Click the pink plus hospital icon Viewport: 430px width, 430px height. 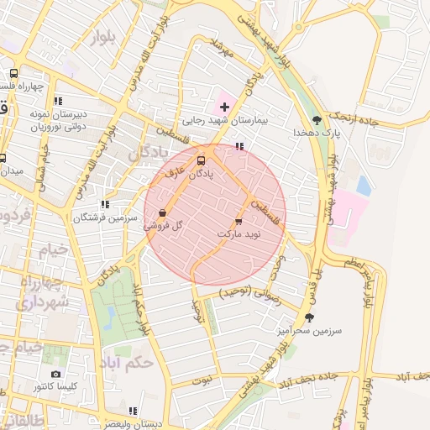[223, 107]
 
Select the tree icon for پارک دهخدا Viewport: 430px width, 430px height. [316, 120]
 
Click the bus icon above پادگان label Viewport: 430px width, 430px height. [201, 160]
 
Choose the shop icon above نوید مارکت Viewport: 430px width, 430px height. [239, 221]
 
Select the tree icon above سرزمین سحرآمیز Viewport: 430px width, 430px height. [310, 317]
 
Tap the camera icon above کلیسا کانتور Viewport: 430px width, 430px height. [55, 374]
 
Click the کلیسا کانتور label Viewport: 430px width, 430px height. [55, 386]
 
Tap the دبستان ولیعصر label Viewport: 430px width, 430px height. [133, 423]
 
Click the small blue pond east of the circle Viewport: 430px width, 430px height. [364, 186]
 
